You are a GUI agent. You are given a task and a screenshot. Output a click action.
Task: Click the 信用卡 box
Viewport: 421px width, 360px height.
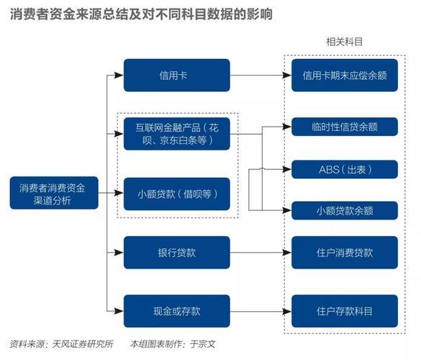click(176, 75)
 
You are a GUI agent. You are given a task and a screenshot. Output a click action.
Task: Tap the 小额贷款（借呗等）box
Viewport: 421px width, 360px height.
click(176, 193)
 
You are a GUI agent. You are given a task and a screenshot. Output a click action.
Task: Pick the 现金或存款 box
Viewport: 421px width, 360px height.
click(176, 311)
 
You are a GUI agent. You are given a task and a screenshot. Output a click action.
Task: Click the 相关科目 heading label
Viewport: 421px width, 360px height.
click(344, 42)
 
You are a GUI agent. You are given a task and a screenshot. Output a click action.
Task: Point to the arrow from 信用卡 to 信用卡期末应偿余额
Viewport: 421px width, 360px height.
click(259, 75)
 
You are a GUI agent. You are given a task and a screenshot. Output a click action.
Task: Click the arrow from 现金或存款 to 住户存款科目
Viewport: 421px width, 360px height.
click(259, 311)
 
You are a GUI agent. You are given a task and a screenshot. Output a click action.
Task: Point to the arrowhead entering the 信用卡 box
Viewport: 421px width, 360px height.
click(119, 75)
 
